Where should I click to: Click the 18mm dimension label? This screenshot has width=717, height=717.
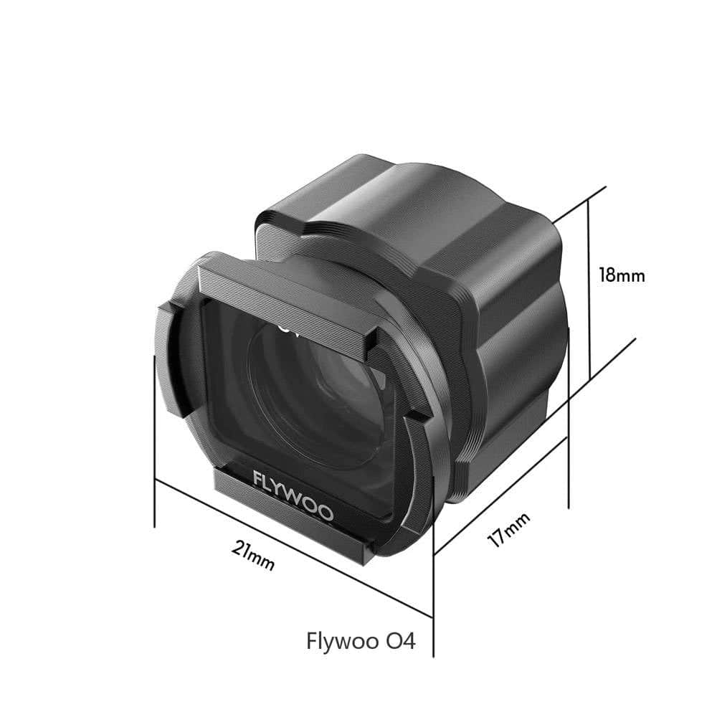[622, 275]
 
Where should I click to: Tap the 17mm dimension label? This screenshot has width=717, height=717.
[509, 531]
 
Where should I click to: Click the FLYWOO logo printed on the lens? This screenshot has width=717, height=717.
[293, 495]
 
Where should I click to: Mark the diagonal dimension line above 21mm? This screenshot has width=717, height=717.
[294, 549]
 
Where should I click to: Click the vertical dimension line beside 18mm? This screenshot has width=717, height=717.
[589, 287]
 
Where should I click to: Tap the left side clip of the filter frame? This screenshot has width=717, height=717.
[172, 358]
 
